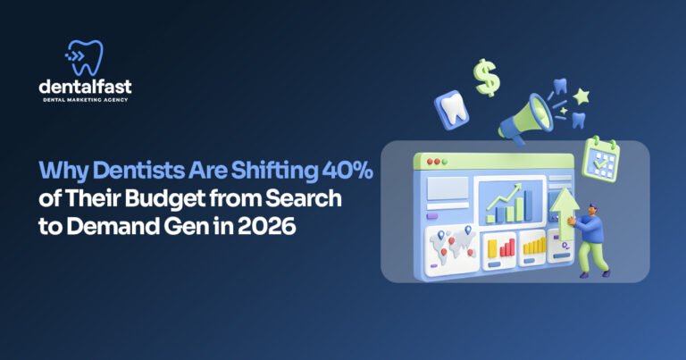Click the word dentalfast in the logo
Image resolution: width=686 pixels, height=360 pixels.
[x=86, y=87]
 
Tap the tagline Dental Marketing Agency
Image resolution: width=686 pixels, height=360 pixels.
[x=86, y=100]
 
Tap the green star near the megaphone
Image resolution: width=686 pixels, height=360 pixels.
[x=581, y=95]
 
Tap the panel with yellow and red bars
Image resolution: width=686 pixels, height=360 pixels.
[x=535, y=247]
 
